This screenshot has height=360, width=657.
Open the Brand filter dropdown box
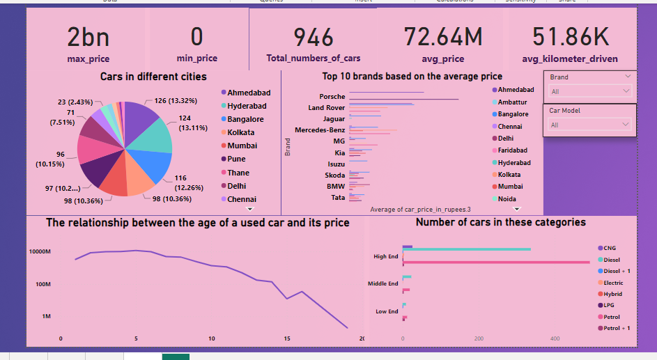589,91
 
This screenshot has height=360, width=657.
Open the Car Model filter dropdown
589,125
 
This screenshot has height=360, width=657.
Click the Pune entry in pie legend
236,159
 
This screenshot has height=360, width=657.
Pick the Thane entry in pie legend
238,173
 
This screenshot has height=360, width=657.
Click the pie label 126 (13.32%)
178,101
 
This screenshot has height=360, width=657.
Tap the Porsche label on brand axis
332,96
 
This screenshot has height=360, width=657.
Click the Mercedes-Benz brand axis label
320,130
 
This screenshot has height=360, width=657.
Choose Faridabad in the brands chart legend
512,150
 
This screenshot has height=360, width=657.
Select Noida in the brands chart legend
507,198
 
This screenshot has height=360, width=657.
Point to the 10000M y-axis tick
39,251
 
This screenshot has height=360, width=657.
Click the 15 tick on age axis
287,338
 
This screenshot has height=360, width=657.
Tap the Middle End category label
383,283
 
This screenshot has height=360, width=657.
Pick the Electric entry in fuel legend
613,283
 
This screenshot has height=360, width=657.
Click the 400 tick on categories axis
555,338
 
